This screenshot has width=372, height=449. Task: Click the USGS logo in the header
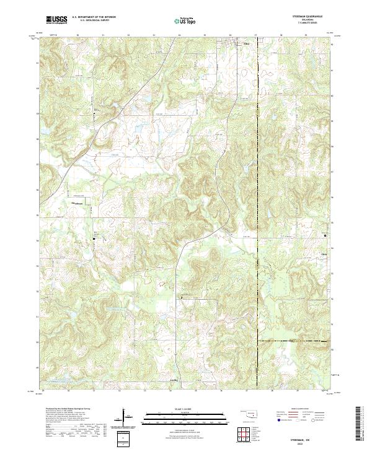coord(56,20)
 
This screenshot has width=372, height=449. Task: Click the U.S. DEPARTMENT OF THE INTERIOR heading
coord(93,18)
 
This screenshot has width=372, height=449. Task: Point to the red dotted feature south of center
coord(162,283)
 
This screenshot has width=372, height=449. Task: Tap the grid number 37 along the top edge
coord(256,36)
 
